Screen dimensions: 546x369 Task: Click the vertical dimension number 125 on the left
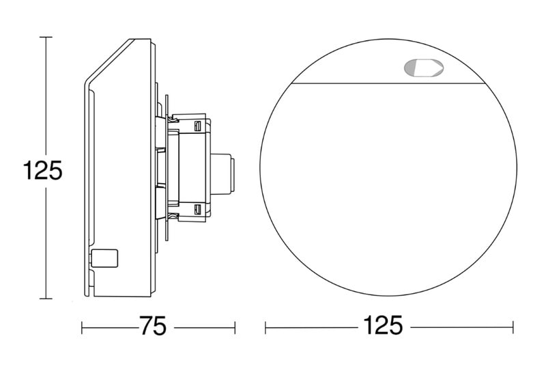coord(42,170)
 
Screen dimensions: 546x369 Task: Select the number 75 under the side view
coord(153,326)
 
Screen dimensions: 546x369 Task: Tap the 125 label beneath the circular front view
coord(383,325)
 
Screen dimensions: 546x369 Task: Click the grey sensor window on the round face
coord(423,68)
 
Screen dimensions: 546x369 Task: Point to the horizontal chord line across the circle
coord(388,83)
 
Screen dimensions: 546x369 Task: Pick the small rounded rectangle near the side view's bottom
coord(104,258)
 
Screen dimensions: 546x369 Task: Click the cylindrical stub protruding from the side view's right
coord(222,174)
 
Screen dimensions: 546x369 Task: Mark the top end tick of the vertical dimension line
coord(46,37)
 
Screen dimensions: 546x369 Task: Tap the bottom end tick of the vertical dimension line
coord(46,299)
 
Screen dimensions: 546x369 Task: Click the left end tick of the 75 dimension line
coord(82,328)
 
